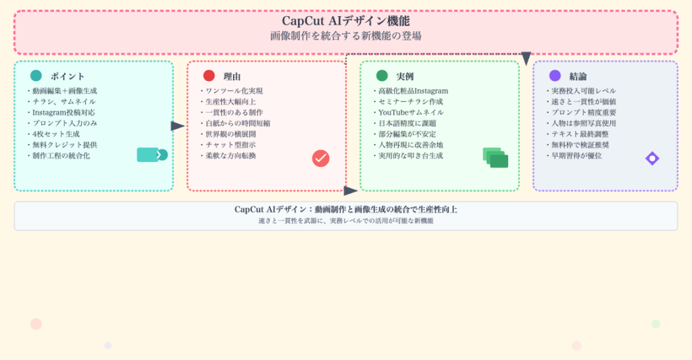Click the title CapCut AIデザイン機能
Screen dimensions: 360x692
click(x=345, y=21)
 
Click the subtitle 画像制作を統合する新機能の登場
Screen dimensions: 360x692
click(x=345, y=36)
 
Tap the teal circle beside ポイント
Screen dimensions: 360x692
click(x=36, y=76)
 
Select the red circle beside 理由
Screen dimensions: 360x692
click(x=209, y=76)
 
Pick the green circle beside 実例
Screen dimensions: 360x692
click(x=382, y=76)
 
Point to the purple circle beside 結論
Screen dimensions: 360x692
click(x=555, y=76)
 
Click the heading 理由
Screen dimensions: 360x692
click(x=232, y=76)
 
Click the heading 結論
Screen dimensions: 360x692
click(x=578, y=76)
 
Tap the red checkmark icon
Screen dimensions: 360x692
click(x=320, y=158)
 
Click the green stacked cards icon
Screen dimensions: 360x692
click(x=495, y=157)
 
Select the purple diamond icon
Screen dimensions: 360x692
click(x=652, y=158)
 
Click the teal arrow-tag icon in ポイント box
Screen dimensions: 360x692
click(x=151, y=155)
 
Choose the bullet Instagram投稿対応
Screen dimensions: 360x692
click(x=64, y=112)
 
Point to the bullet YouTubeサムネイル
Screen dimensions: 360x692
click(x=410, y=112)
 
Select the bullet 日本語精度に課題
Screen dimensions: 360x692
click(x=407, y=123)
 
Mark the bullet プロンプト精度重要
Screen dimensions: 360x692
click(x=583, y=112)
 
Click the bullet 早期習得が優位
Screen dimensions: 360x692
click(x=576, y=155)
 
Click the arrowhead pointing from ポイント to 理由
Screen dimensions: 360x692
click(x=178, y=126)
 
